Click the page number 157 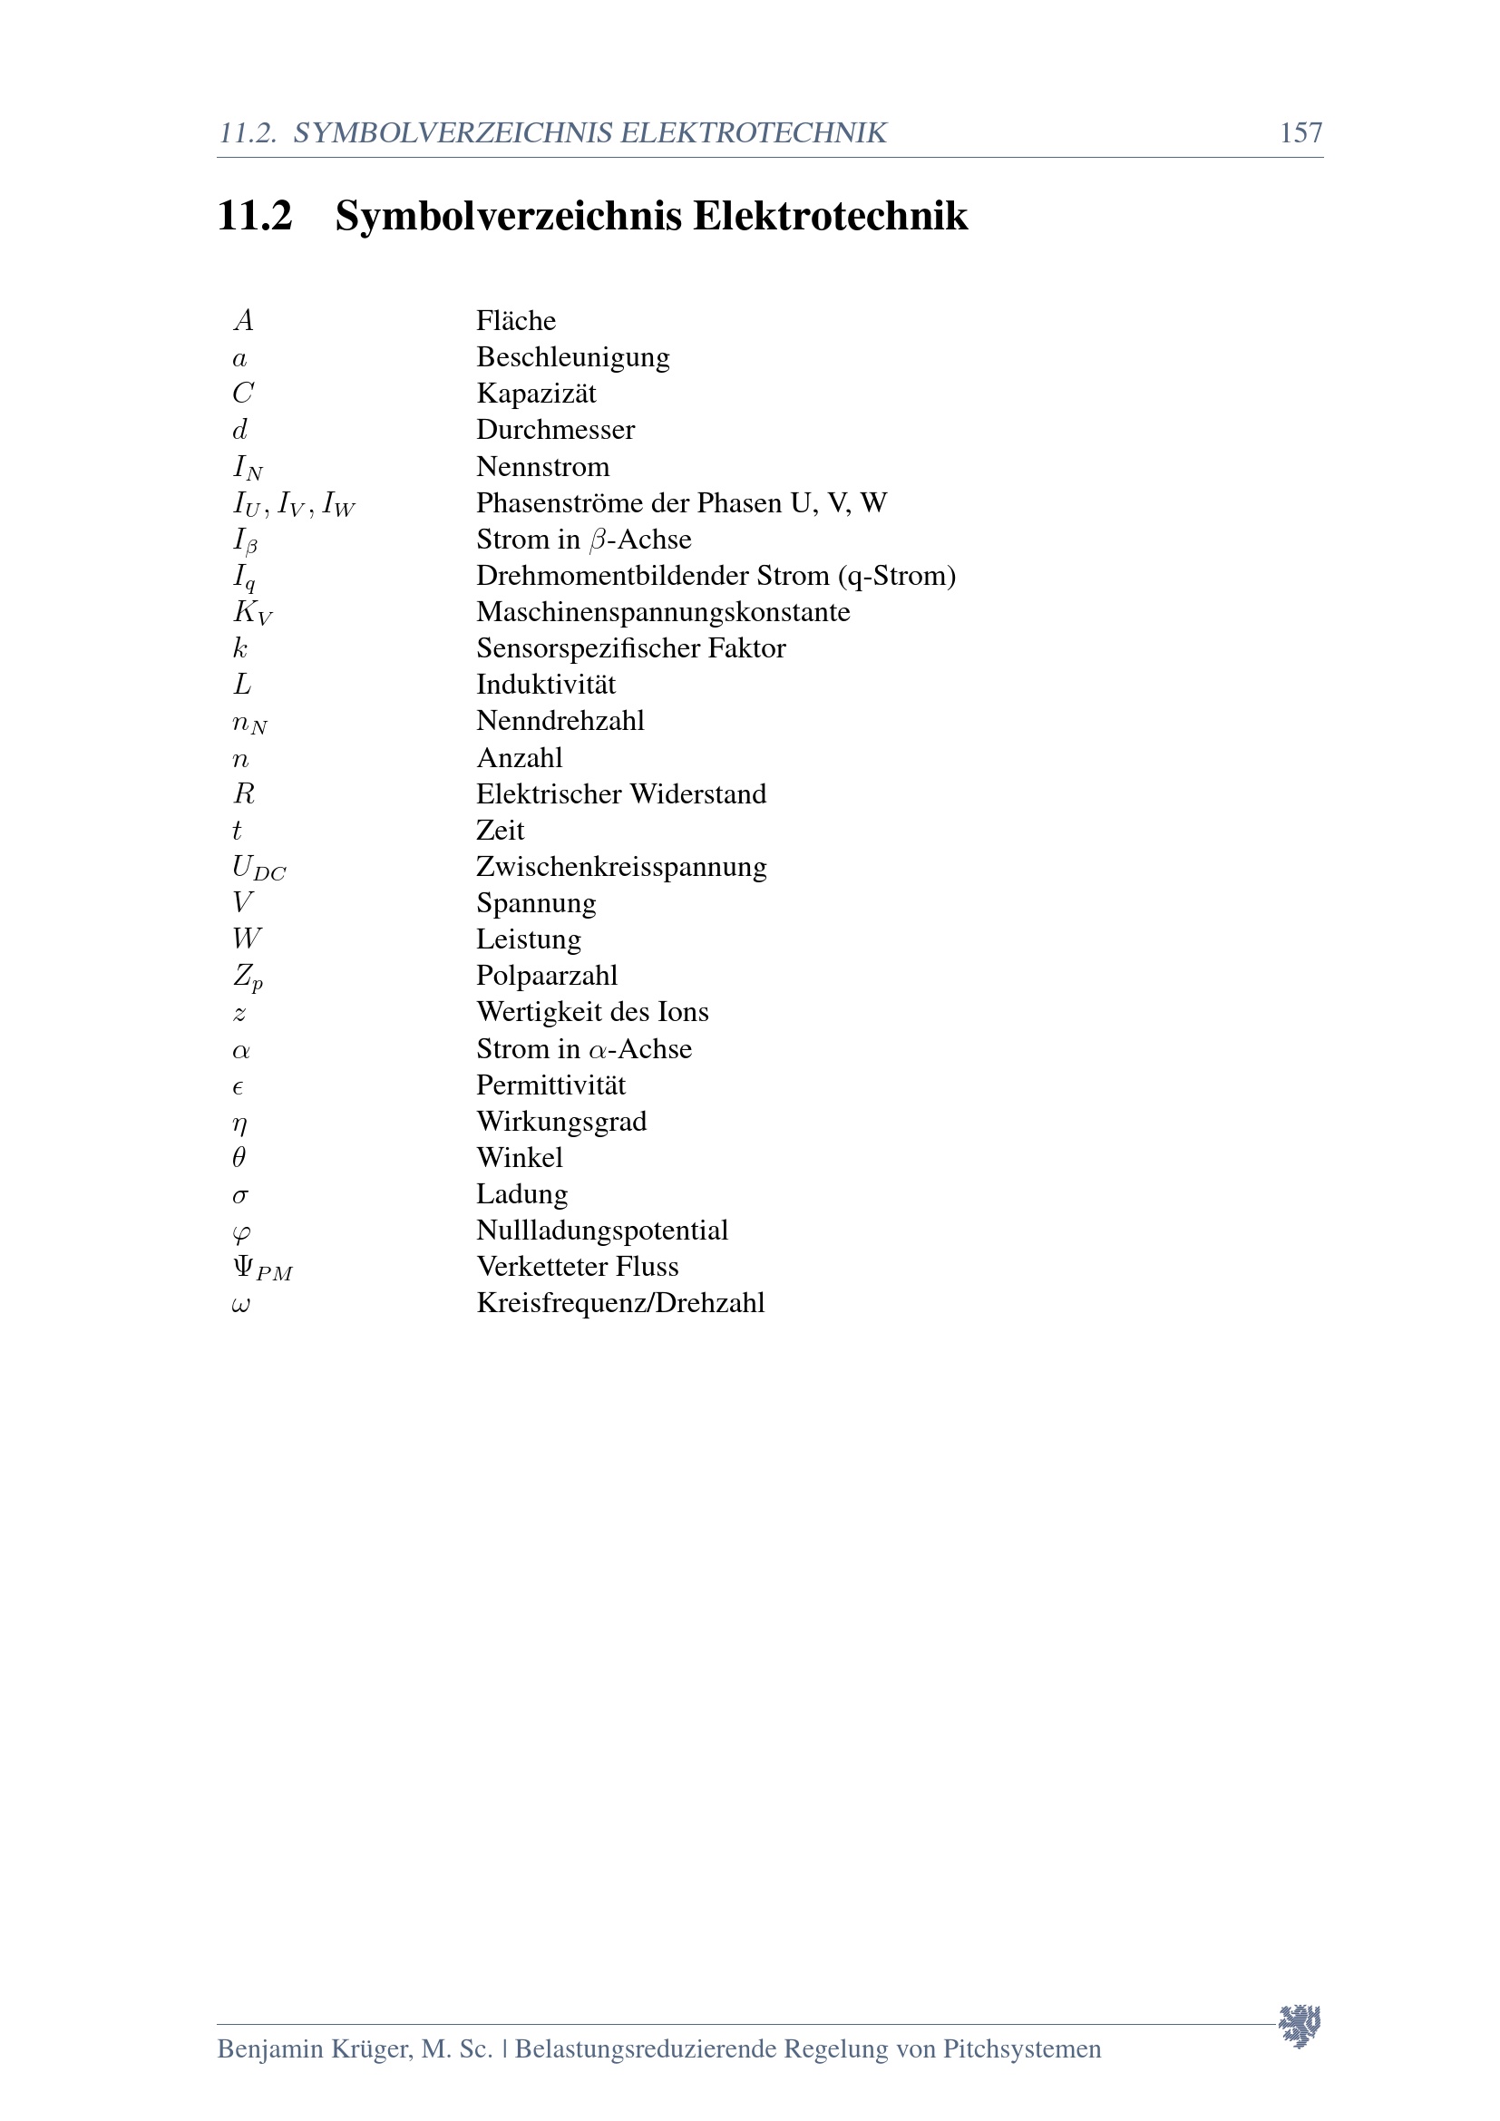(1300, 133)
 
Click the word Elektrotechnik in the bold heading (830, 216)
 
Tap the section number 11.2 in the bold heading (254, 216)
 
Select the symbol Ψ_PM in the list (262, 1269)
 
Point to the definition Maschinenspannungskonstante (662, 611)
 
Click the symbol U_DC (258, 868)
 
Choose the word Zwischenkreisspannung (620, 867)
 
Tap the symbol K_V (252, 612)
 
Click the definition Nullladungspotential (601, 1231)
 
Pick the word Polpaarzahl (547, 976)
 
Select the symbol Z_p (248, 977)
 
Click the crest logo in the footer (1300, 2026)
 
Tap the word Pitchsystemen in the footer (1021, 2049)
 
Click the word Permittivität (550, 1085)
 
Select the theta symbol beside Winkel (239, 1157)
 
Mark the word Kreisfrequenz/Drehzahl (619, 1303)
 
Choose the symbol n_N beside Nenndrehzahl (249, 723)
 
